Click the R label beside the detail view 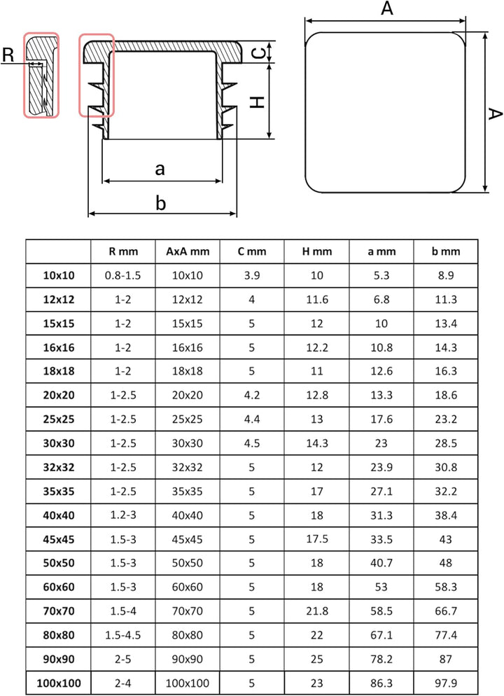click(8, 55)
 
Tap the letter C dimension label click(259, 53)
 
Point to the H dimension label click(258, 102)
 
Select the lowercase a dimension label click(160, 169)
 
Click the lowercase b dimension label click(160, 202)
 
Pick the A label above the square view click(387, 8)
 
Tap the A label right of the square click(495, 113)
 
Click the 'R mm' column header click(123, 251)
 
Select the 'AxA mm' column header click(188, 251)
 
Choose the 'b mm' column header click(445, 251)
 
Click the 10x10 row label click(59, 276)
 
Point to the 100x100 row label click(59, 683)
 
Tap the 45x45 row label click(59, 540)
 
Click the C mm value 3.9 click(251, 276)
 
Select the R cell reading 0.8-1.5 click(123, 276)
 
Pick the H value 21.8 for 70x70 click(317, 611)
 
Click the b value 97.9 click(445, 683)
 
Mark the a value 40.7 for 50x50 click(381, 563)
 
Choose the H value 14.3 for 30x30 click(317, 443)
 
